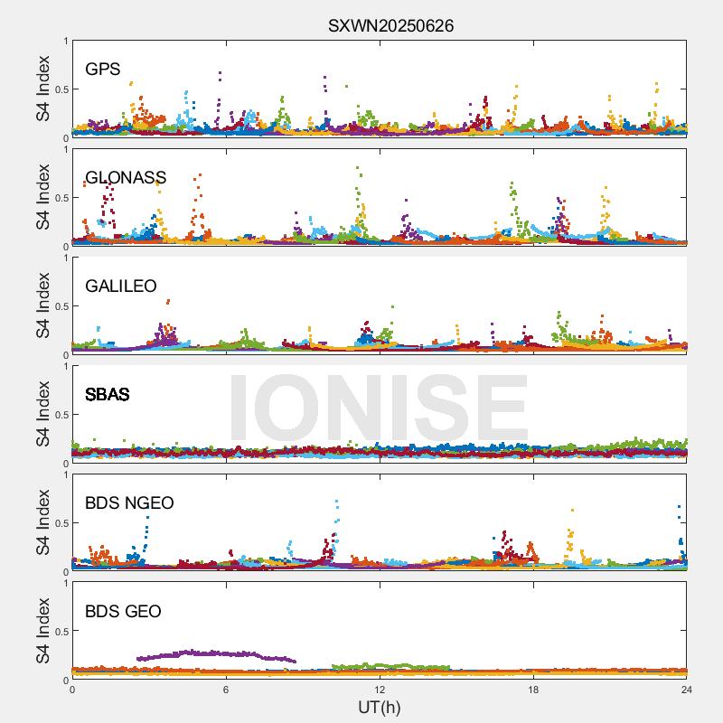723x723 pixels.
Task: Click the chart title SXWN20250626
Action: click(390, 25)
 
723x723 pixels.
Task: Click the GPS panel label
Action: click(103, 70)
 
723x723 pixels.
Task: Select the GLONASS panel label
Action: click(126, 178)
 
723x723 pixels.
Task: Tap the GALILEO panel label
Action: click(121, 286)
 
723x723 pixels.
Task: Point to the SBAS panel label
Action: click(108, 395)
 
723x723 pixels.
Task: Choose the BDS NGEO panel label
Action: click(129, 503)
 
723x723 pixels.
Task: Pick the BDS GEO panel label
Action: click(123, 612)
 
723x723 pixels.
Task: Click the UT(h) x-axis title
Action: click(380, 707)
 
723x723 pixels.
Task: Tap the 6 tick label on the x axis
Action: click(226, 690)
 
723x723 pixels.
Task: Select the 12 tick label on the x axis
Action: click(380, 690)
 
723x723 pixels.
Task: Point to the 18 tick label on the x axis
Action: click(533, 690)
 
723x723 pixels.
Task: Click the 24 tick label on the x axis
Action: click(686, 690)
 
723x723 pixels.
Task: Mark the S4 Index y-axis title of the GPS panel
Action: click(43, 89)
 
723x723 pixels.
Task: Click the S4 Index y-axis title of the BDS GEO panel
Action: click(43, 631)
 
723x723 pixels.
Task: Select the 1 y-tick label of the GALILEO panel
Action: click(65, 258)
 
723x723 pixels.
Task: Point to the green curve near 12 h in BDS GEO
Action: click(389, 667)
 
